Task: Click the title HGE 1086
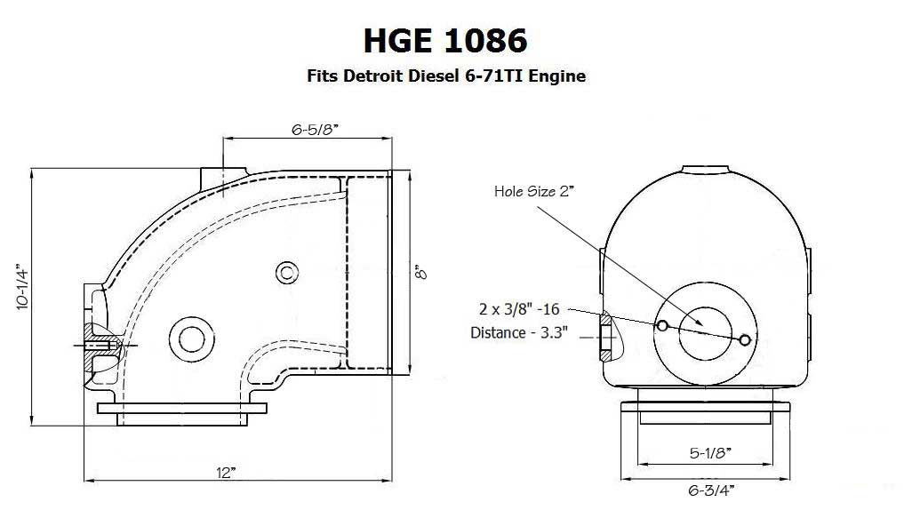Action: [x=444, y=40]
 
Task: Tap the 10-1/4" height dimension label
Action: [x=22, y=284]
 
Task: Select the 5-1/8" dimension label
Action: [x=709, y=453]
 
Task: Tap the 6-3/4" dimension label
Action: [x=709, y=489]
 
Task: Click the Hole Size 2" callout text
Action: [x=537, y=191]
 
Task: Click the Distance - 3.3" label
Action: [x=519, y=333]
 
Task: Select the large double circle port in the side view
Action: [x=191, y=338]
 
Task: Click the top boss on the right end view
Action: [x=707, y=170]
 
